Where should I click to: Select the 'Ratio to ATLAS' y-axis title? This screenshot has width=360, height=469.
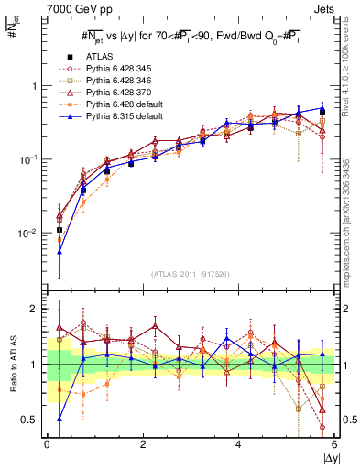[x=12, y=365]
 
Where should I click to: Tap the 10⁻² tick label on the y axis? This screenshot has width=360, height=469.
[x=28, y=234]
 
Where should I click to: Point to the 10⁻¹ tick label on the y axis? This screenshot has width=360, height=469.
[x=28, y=159]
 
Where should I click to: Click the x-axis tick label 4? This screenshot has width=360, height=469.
[x=239, y=443]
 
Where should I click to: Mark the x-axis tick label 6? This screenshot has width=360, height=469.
[x=335, y=443]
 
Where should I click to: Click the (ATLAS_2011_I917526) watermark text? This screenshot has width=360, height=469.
[x=191, y=274]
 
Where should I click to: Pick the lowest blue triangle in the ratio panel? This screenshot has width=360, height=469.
[x=60, y=419]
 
